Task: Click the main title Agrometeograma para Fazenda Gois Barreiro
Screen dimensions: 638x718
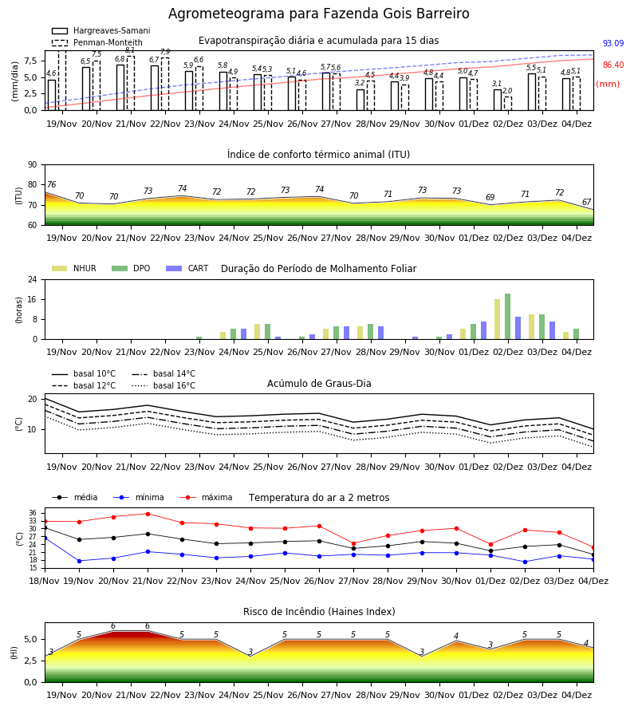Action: (x=318, y=14)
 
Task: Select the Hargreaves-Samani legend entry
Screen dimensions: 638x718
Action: (x=100, y=30)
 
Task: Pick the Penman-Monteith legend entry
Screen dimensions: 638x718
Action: (x=97, y=42)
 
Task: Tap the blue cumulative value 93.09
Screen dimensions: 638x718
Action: (x=613, y=44)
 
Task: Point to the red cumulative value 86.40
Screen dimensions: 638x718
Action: (x=613, y=65)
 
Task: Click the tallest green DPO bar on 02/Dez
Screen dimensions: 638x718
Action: (x=507, y=317)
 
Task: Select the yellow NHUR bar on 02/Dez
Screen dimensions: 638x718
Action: (x=497, y=319)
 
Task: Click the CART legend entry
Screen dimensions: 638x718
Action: (x=187, y=268)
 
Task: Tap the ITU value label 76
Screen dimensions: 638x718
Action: (x=51, y=184)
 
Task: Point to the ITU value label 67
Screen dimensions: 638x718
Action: (x=587, y=202)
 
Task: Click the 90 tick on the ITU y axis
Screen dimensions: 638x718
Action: (x=33, y=165)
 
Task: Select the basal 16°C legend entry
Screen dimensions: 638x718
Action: (x=163, y=385)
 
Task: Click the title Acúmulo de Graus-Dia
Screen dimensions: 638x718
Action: (x=319, y=384)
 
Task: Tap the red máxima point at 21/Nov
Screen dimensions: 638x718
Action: (x=148, y=514)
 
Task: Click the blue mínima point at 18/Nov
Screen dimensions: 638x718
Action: (x=45, y=538)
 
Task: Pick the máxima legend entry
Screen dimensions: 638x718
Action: (x=206, y=497)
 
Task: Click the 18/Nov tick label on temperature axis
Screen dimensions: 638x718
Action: (x=45, y=581)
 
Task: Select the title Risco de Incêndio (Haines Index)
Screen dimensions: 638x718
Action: (x=319, y=611)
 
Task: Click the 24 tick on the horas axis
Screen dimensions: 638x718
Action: (x=33, y=279)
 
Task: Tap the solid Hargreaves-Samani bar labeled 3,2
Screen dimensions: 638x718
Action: (x=360, y=100)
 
